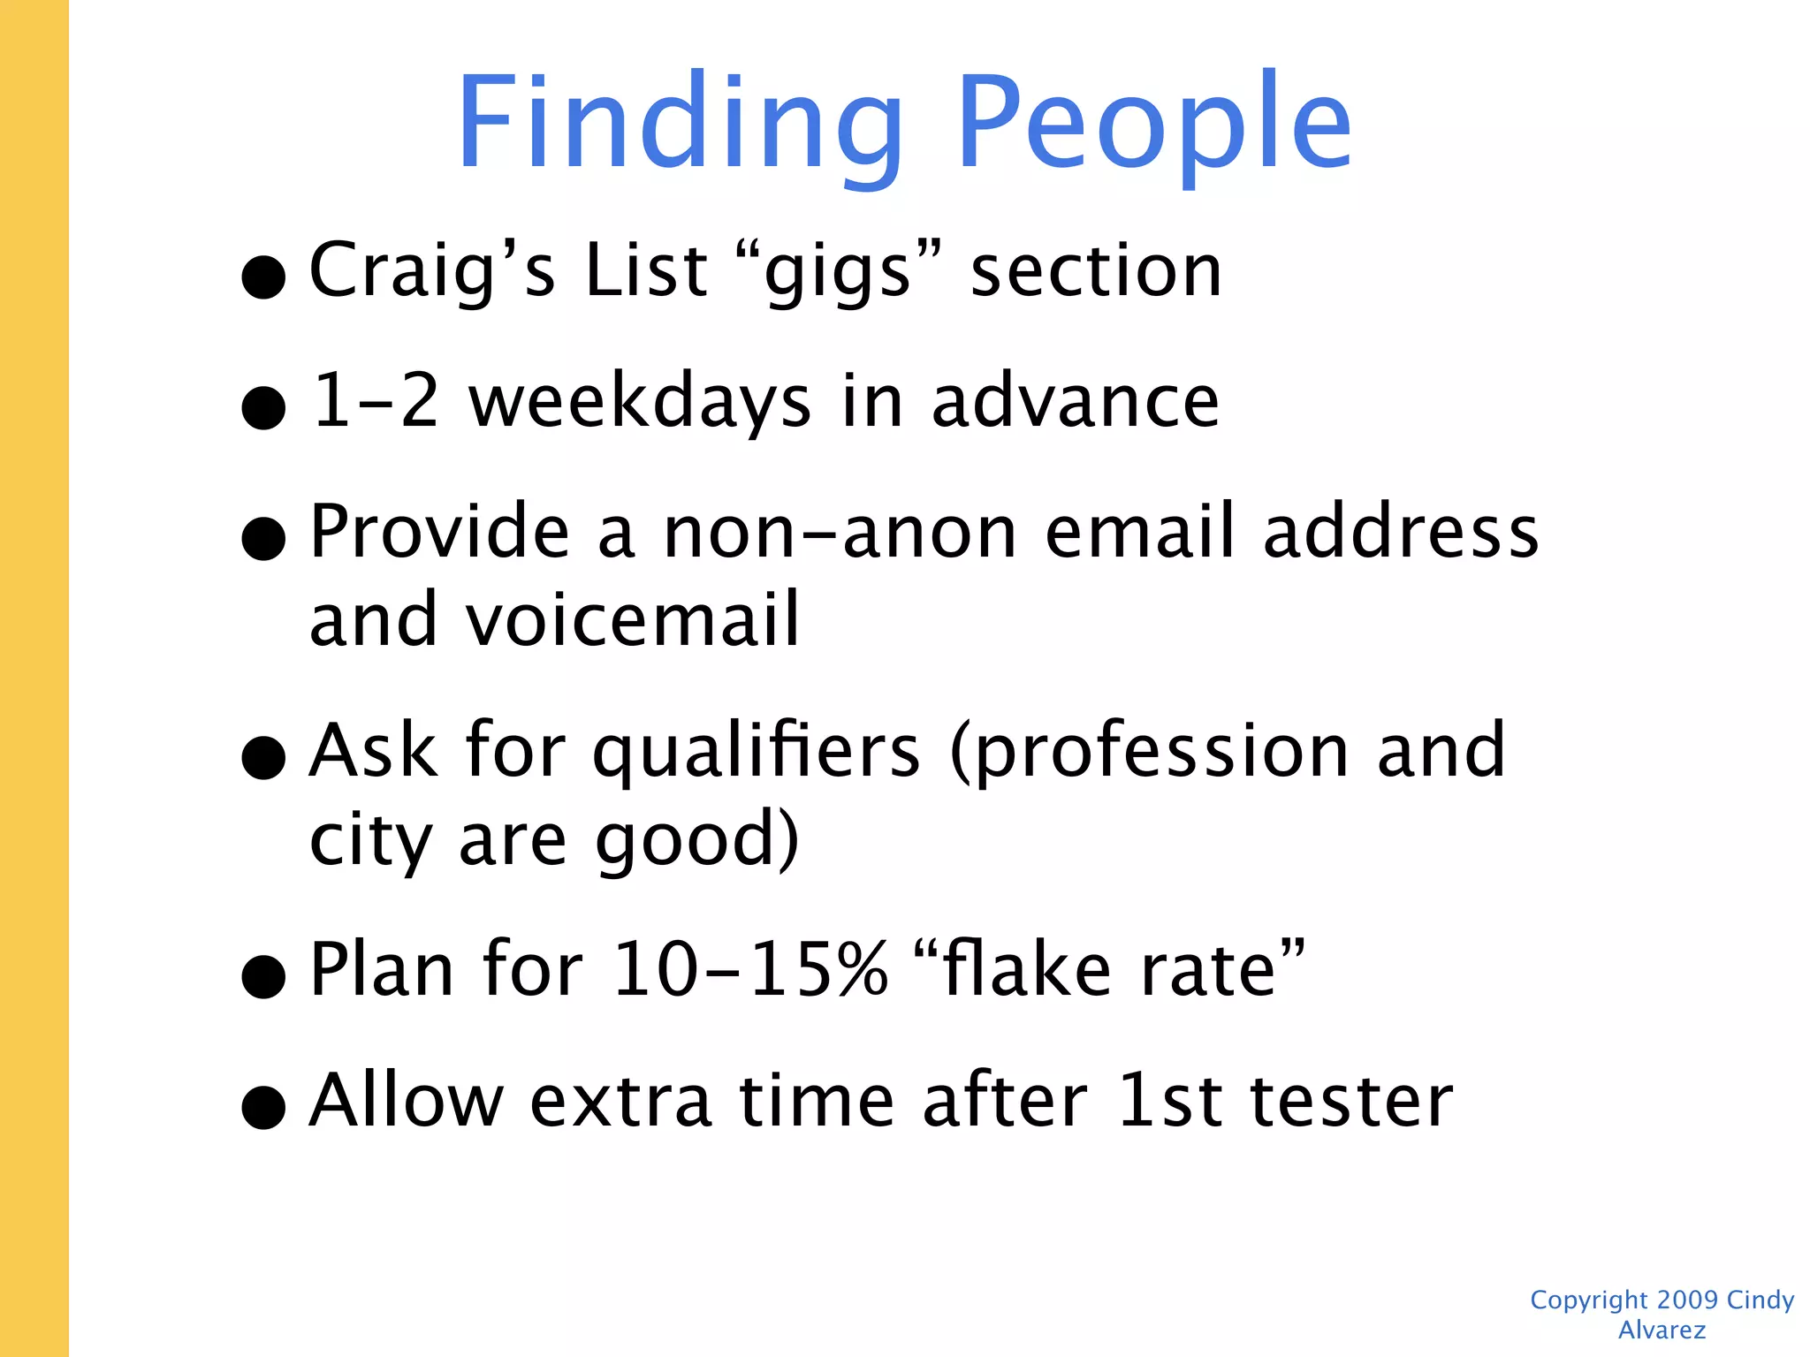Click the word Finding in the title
(x=681, y=124)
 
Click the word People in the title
(x=1153, y=124)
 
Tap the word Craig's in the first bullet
(x=432, y=270)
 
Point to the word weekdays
(x=639, y=402)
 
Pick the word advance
(x=1076, y=402)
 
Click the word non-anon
(x=840, y=533)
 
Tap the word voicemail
(x=633, y=619)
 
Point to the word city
(x=369, y=841)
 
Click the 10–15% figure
(x=749, y=970)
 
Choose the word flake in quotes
(x=1027, y=970)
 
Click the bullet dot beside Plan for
(x=263, y=977)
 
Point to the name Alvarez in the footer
(x=1662, y=1330)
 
